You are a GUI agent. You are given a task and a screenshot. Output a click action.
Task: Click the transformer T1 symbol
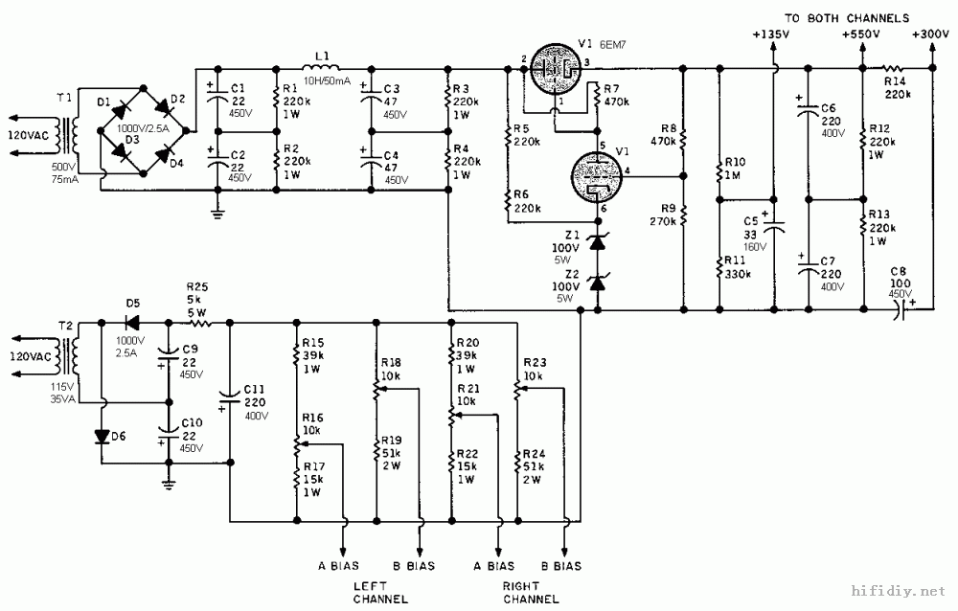[66, 137]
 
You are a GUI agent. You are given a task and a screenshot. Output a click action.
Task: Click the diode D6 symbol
[103, 436]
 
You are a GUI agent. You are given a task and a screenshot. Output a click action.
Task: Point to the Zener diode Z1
[597, 243]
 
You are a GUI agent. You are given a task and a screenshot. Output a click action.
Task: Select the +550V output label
[859, 34]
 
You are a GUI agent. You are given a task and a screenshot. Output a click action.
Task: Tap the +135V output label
[771, 34]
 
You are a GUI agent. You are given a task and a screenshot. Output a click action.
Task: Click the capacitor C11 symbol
[230, 393]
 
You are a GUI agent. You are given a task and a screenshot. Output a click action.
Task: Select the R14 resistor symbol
[893, 69]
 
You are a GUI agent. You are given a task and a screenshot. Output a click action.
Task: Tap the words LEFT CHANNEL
[380, 591]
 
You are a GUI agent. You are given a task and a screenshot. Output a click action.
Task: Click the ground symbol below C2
[218, 214]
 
